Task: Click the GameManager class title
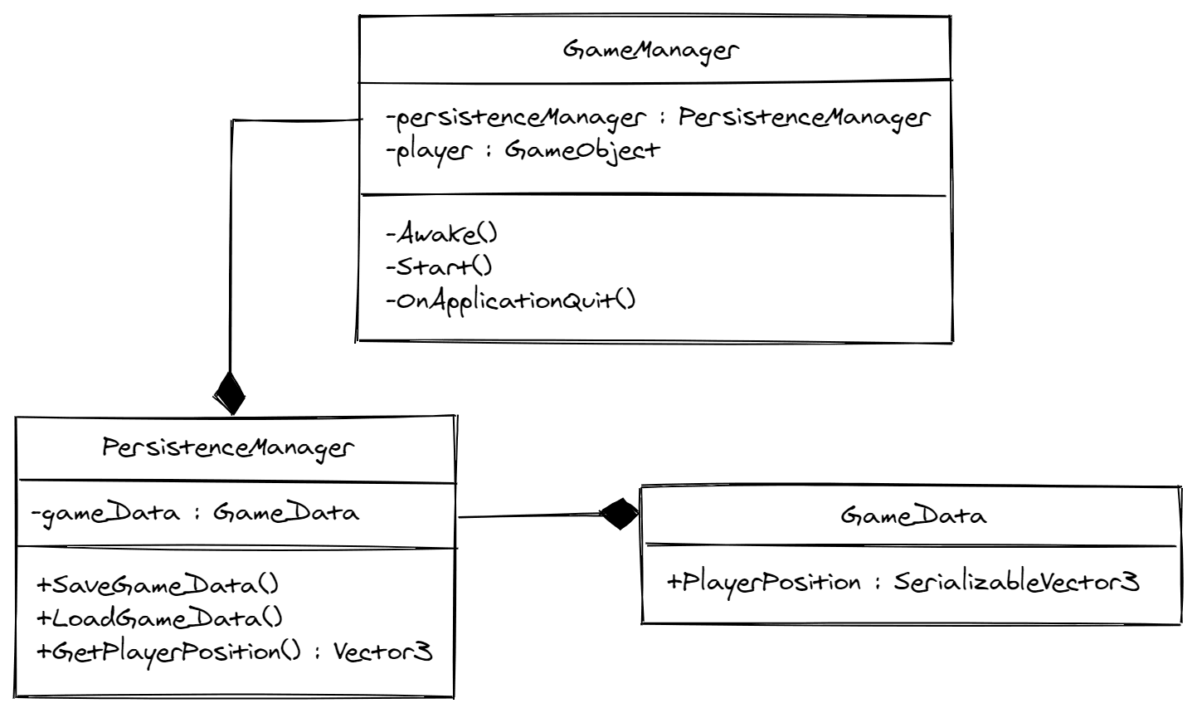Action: (x=651, y=50)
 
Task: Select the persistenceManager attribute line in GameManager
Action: (x=658, y=118)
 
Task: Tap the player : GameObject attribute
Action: (x=523, y=150)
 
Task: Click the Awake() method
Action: (x=441, y=233)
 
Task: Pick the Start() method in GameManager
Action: (x=439, y=266)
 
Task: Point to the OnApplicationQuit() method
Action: (x=510, y=300)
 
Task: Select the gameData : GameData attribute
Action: (x=195, y=513)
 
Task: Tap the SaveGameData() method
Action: (x=158, y=584)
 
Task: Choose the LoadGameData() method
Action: (x=159, y=618)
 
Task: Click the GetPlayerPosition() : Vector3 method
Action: (x=234, y=652)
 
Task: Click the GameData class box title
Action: (x=913, y=515)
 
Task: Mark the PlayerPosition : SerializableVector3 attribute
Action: (x=903, y=582)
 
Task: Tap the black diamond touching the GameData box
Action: (x=619, y=515)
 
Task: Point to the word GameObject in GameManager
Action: (x=581, y=150)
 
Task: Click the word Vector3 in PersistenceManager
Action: (x=382, y=652)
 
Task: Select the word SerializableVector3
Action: (x=1016, y=582)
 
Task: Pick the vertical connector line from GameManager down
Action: (x=232, y=249)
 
